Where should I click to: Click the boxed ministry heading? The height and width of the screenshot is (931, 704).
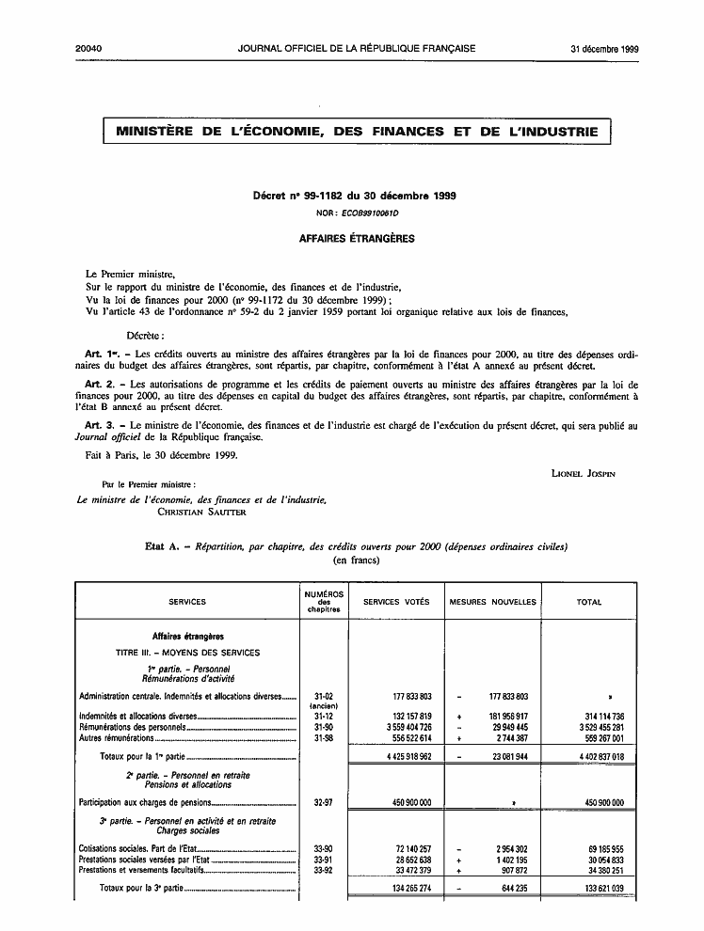[x=357, y=132]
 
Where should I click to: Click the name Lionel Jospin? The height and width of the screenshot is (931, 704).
[x=583, y=474]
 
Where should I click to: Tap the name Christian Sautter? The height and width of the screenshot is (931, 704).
[x=197, y=513]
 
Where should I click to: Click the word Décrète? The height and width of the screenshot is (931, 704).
[x=147, y=335]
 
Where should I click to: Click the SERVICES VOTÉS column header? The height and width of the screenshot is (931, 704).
[x=396, y=602]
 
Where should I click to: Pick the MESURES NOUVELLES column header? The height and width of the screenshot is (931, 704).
[x=493, y=602]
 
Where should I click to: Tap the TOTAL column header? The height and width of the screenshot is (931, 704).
[x=589, y=602]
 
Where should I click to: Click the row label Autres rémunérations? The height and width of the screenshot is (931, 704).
[x=119, y=738]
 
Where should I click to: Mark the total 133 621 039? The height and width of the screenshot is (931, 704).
[x=598, y=889]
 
